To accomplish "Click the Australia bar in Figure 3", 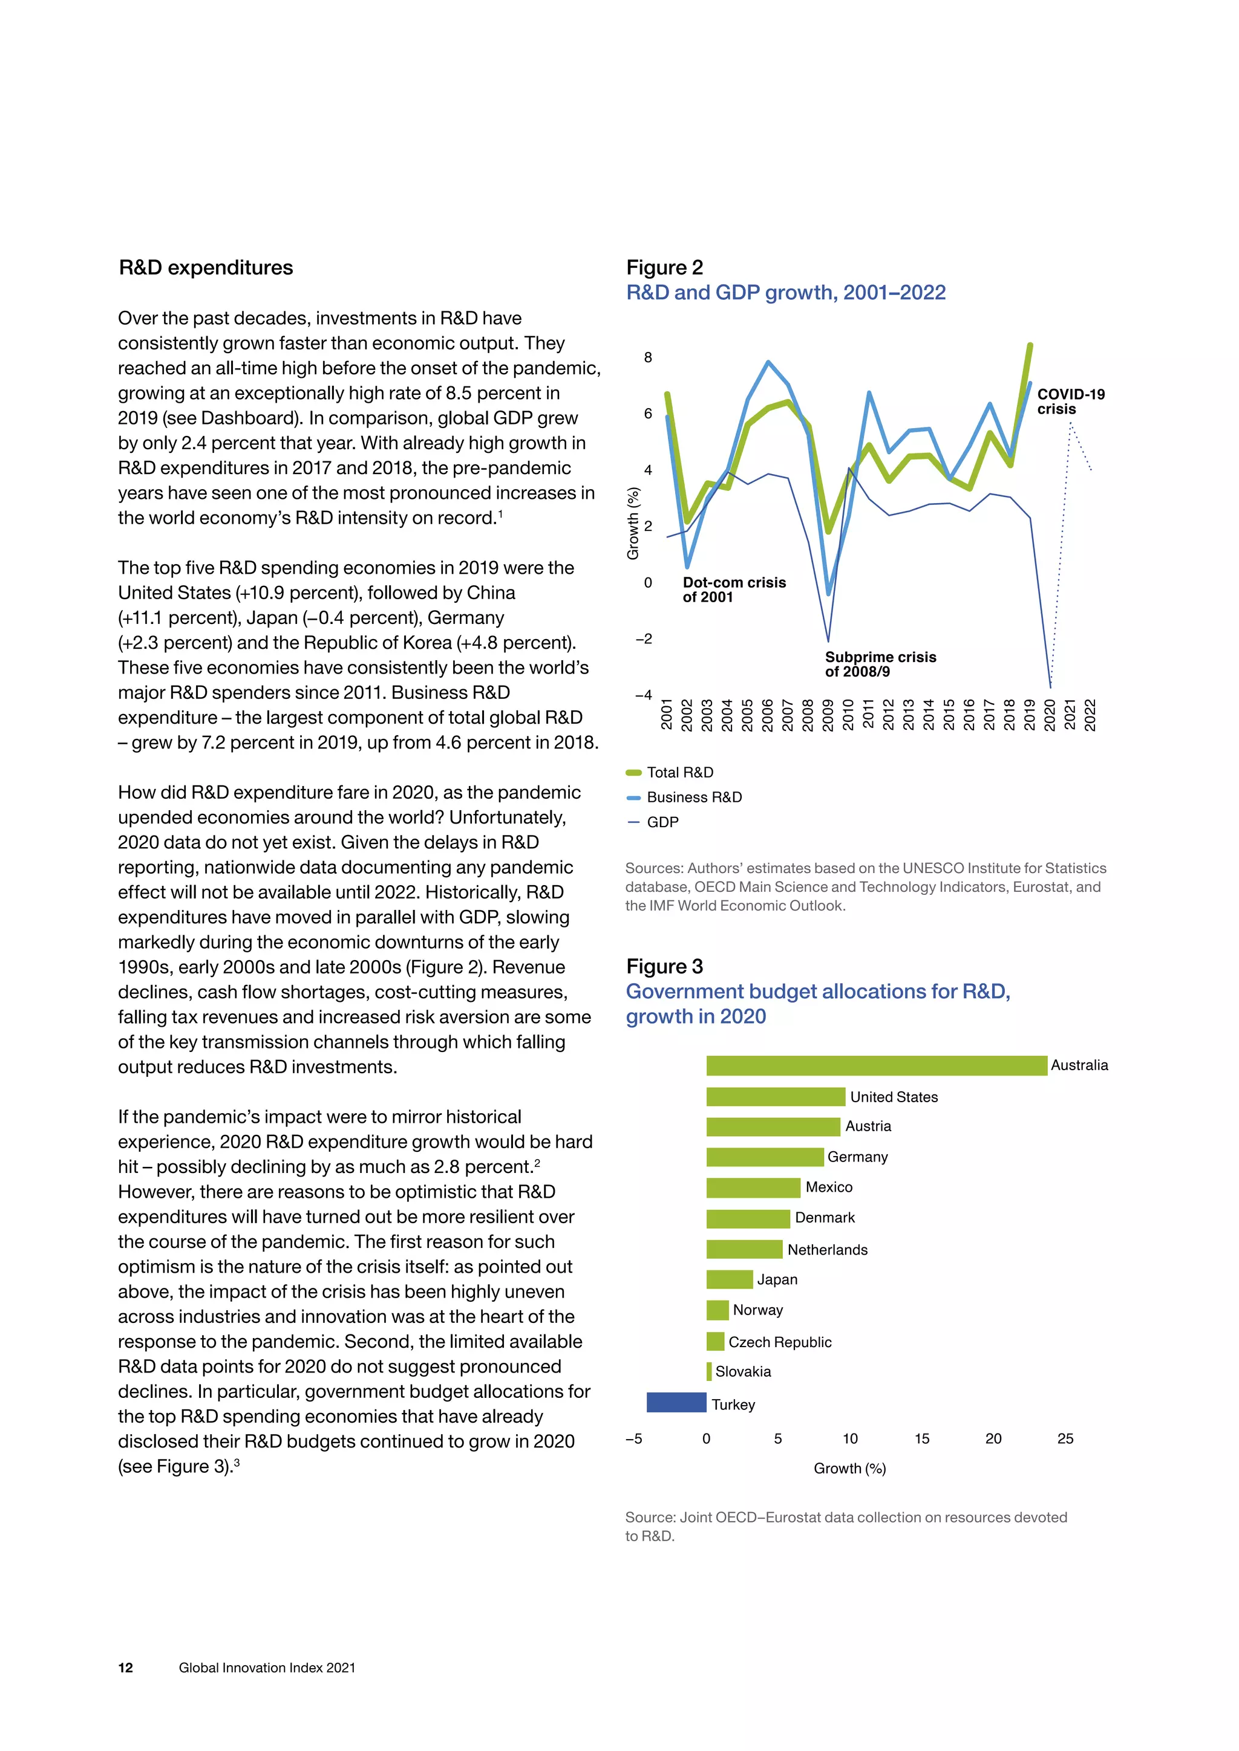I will pos(876,1065).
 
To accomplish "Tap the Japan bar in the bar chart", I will pos(730,1279).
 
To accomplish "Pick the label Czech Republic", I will pos(780,1342).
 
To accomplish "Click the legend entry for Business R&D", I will pos(693,797).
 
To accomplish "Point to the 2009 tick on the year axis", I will pos(828,715).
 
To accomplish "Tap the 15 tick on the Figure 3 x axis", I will pos(921,1438).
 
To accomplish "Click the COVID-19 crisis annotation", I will pos(1070,401).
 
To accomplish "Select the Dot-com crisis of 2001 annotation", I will pos(733,590).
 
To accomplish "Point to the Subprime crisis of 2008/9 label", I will pos(880,663).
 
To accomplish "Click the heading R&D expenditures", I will pos(205,268).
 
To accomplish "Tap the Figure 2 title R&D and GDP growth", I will pos(785,293).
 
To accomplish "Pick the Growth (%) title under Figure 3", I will pos(849,1468).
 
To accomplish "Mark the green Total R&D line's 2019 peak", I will pos(1030,346).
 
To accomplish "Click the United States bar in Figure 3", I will pos(775,1097).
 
